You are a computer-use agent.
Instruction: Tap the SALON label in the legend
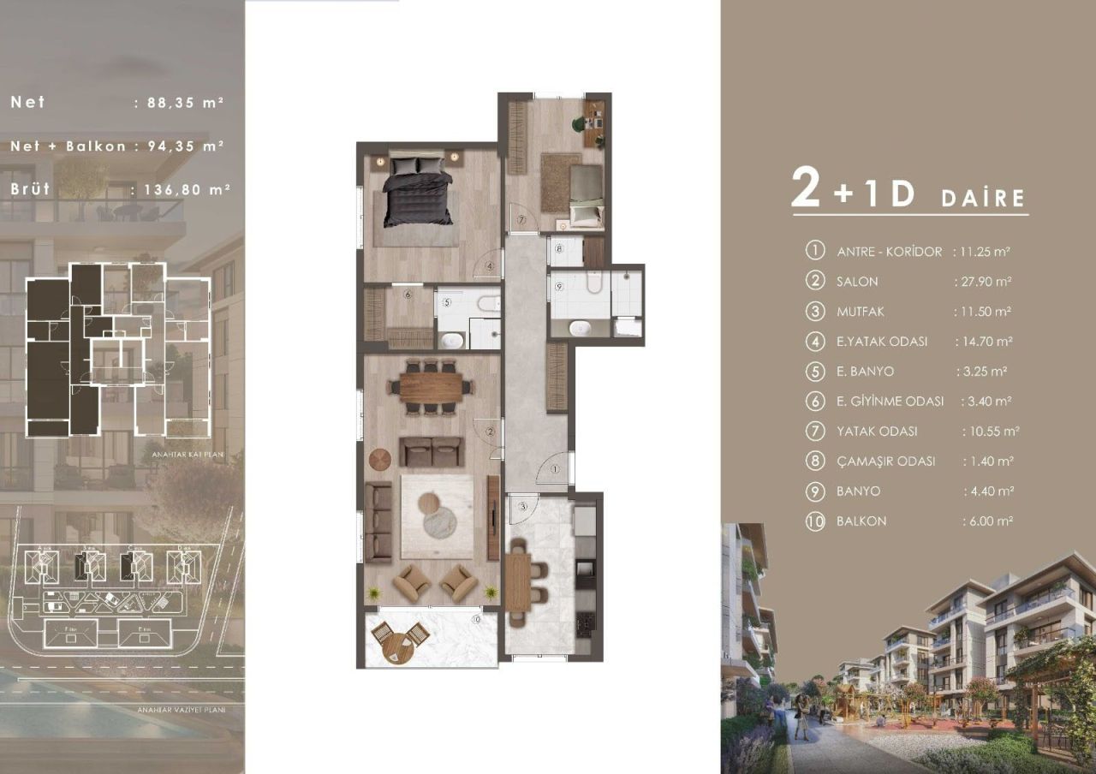[857, 282]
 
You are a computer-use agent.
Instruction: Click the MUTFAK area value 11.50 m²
[985, 312]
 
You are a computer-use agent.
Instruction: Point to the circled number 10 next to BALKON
[814, 521]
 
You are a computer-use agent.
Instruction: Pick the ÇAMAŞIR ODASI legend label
[885, 461]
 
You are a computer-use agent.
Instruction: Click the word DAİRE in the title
[983, 199]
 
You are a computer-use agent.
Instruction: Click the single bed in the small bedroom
[587, 196]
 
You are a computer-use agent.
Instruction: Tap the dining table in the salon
[431, 387]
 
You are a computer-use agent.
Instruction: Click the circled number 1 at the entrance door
[554, 469]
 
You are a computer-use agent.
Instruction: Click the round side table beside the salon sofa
[380, 460]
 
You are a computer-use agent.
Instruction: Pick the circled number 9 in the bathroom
[558, 286]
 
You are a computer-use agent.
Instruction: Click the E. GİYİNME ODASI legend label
[890, 402]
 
